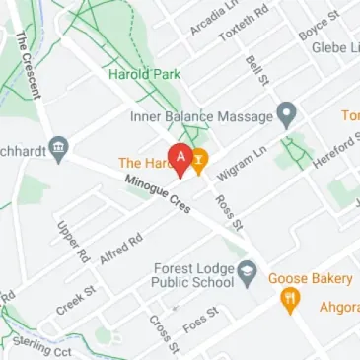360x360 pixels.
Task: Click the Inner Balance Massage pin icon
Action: pos(286,116)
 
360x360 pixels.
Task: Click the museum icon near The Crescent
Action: pos(59,148)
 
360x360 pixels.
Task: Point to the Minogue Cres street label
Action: pos(156,195)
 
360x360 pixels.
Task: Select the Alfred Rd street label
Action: pos(122,250)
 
